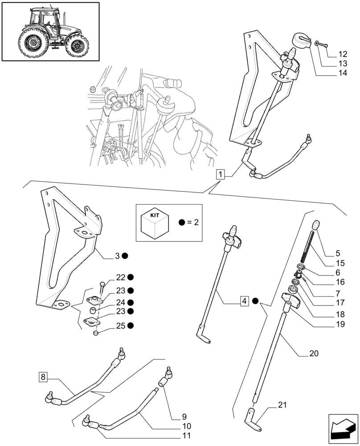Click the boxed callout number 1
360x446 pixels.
click(x=221, y=174)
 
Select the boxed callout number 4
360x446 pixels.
click(x=244, y=301)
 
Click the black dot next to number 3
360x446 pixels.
click(x=126, y=256)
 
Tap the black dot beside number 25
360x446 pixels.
click(x=131, y=326)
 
